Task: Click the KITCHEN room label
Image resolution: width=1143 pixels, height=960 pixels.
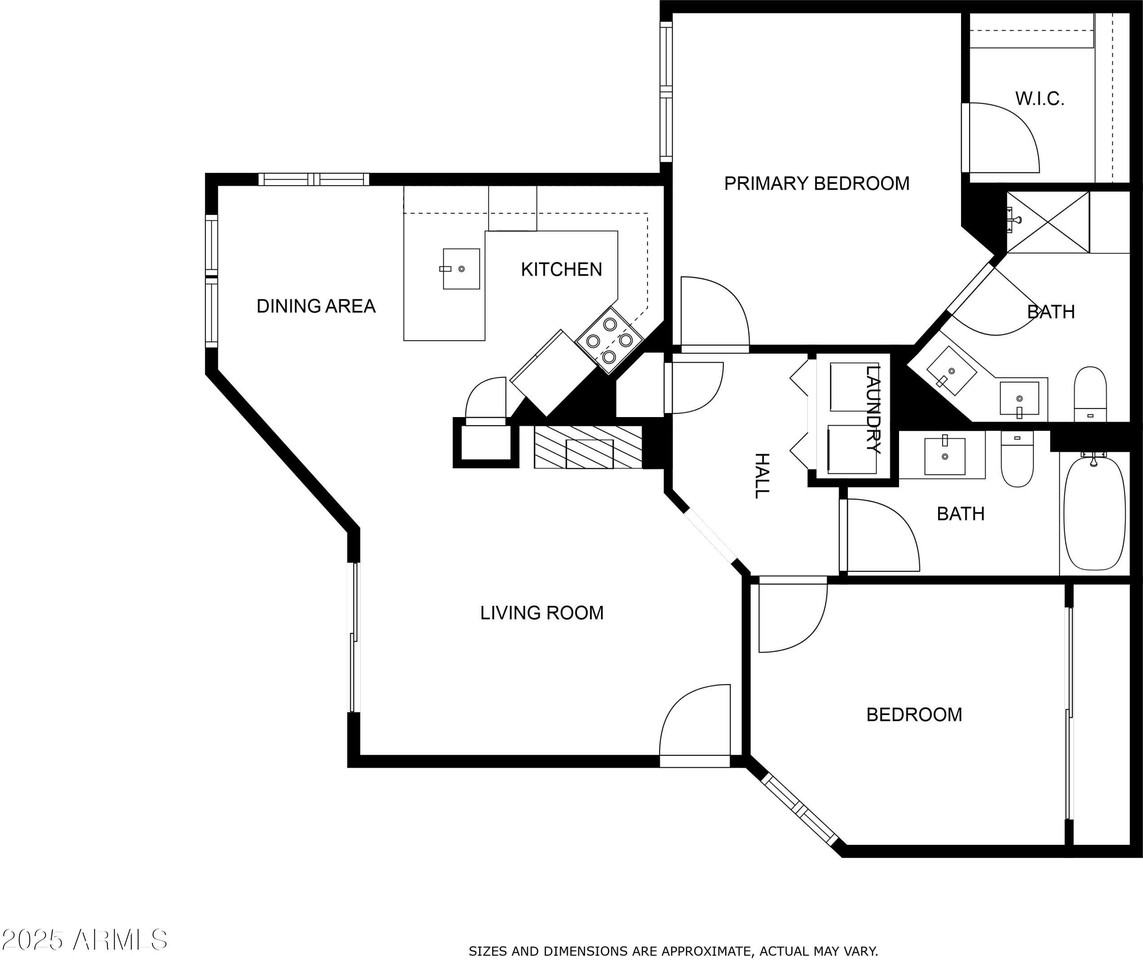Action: point(561,269)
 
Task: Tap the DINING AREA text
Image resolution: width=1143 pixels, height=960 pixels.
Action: point(316,306)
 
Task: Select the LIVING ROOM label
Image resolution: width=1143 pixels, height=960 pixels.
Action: point(541,613)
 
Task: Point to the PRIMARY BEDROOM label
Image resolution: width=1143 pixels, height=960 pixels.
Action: point(816,183)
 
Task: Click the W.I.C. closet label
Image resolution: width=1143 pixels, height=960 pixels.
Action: point(1039,99)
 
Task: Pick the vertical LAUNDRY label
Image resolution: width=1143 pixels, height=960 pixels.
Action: point(873,410)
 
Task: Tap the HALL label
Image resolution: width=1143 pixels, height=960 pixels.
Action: point(762,475)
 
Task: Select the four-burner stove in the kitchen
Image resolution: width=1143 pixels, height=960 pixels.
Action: point(608,339)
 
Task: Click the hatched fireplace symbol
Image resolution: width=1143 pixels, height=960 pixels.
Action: point(587,447)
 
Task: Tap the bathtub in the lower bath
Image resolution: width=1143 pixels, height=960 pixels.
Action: point(1093,513)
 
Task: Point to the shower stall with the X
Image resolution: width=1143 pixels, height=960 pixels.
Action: point(1047,222)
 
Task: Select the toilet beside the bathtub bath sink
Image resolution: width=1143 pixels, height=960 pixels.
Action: point(1017,461)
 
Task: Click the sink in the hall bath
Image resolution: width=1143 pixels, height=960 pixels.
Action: point(943,455)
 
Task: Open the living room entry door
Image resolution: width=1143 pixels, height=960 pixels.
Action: point(695,725)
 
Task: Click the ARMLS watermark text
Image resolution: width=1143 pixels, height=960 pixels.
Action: point(84,940)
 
